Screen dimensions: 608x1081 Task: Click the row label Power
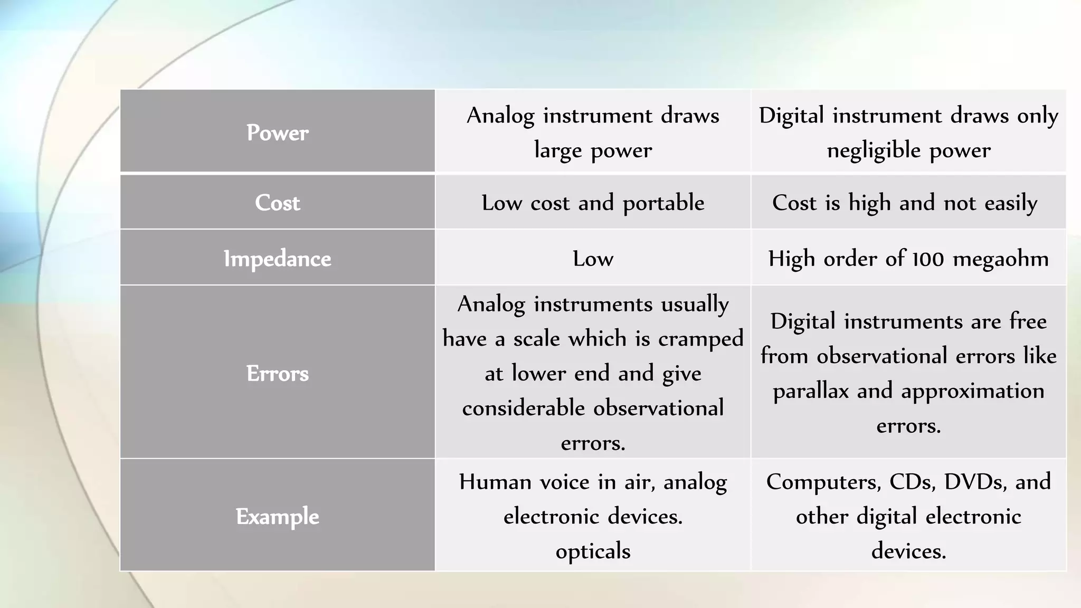(x=278, y=132)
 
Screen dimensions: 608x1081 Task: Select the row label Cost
(x=278, y=203)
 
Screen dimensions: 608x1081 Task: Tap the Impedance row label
(x=278, y=259)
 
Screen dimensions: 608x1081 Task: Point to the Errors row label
(x=278, y=374)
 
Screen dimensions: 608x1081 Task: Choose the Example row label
(x=278, y=516)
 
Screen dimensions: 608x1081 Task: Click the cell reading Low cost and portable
(x=593, y=203)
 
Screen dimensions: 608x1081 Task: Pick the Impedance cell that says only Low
(x=593, y=259)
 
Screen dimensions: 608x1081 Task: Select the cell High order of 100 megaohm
(x=908, y=259)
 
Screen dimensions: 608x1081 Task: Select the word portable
(x=663, y=203)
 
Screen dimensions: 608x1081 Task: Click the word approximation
(x=972, y=391)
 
